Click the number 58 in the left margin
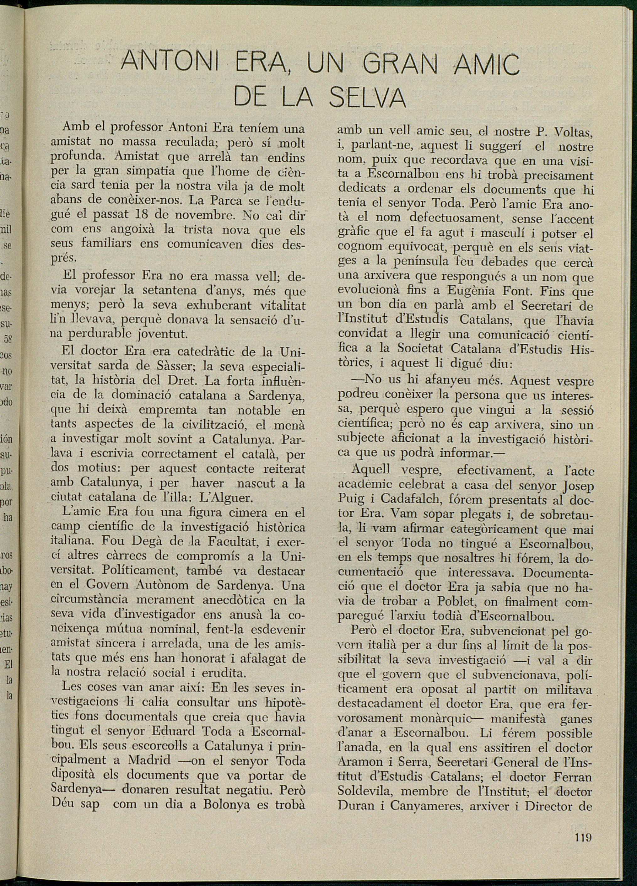[8, 339]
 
